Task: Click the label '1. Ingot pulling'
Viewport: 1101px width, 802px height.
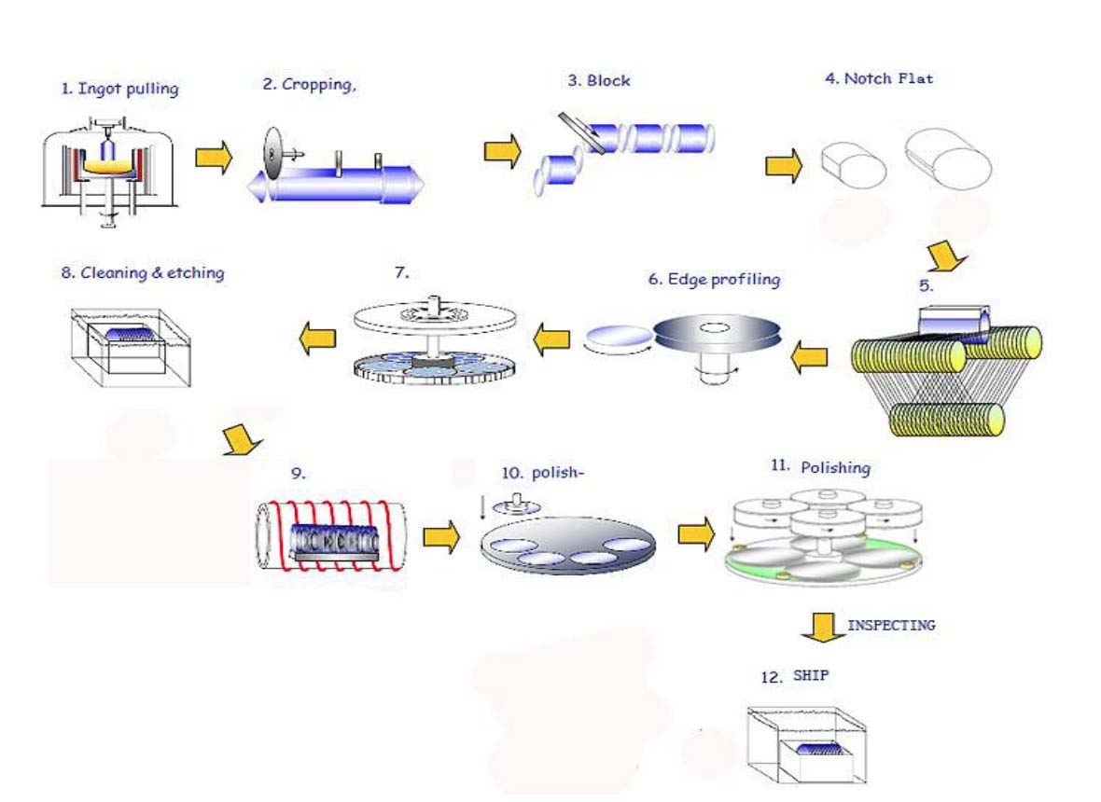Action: coord(119,90)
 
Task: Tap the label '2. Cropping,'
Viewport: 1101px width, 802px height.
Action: coord(310,84)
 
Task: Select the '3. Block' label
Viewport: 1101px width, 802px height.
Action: coord(599,81)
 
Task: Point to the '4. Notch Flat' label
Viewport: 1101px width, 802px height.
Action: coord(878,78)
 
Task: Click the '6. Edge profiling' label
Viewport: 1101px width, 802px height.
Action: coord(713,280)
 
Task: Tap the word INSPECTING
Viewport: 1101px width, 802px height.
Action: coord(890,625)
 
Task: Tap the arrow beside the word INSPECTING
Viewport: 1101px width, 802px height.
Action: coord(820,626)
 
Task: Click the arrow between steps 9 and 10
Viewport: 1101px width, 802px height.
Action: coord(440,536)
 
